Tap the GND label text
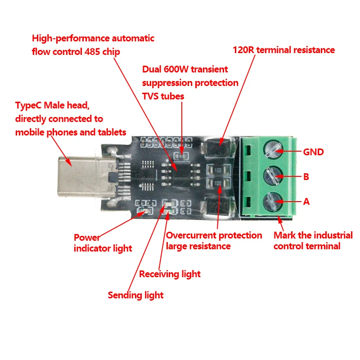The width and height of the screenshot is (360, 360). pyautogui.click(x=313, y=152)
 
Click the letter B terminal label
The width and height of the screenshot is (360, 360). pyautogui.click(x=306, y=177)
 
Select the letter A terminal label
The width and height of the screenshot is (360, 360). pyautogui.click(x=306, y=202)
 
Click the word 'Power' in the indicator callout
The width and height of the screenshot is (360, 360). pyautogui.click(x=87, y=238)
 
